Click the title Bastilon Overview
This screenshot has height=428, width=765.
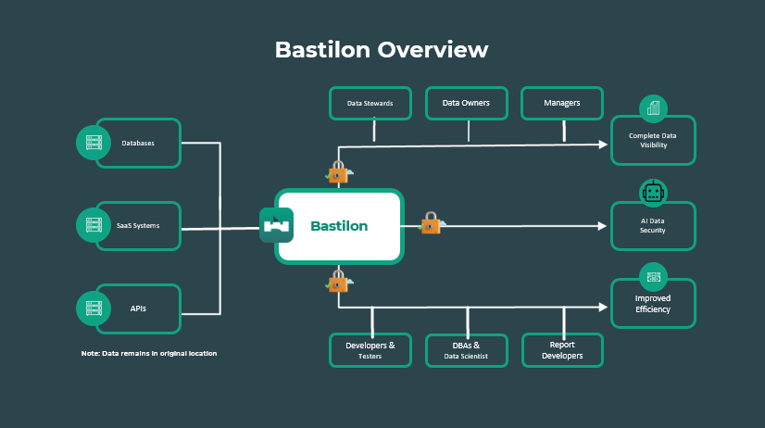point(381,49)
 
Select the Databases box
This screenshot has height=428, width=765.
point(139,143)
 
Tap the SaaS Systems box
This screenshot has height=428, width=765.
point(139,226)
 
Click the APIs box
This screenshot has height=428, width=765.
point(139,308)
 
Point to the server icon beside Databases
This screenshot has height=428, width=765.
point(93,143)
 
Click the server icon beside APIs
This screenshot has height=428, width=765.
point(93,308)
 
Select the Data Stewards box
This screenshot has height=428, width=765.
point(370,103)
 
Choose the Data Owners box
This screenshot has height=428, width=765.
point(466,103)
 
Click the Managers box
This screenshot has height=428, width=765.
point(562,103)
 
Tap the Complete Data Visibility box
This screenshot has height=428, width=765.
point(653,140)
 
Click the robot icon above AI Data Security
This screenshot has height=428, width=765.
point(654,193)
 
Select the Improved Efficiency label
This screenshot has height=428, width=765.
point(653,304)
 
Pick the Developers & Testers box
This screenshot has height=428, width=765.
point(370,350)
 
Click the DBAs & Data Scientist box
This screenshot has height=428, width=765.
point(466,350)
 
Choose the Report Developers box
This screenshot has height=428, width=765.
point(562,350)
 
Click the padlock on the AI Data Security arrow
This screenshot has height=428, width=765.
point(431,223)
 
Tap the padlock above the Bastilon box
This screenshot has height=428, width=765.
point(338,172)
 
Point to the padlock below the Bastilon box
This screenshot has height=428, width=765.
point(338,280)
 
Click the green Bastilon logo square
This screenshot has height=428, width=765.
point(277,226)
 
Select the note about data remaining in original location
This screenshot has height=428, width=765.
point(149,353)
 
